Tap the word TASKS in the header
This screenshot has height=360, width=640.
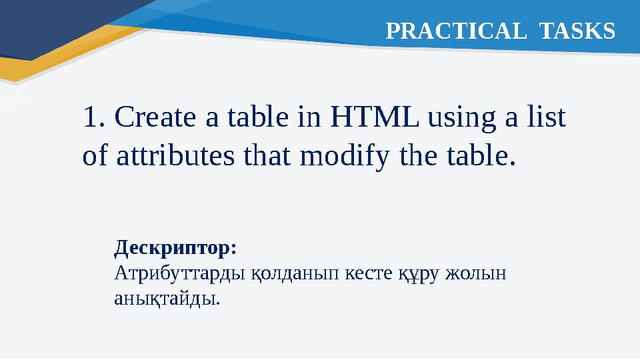pos(577,30)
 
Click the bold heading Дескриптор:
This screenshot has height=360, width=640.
pos(175,249)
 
